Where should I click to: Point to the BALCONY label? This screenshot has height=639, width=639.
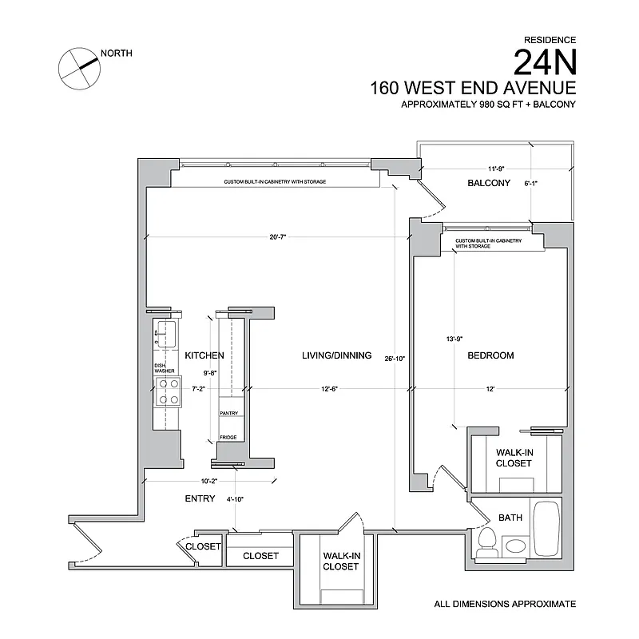(488, 184)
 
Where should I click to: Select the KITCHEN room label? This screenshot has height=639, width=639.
(204, 355)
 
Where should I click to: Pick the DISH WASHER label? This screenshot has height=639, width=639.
(164, 368)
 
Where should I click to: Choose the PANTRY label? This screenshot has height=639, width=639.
(229, 414)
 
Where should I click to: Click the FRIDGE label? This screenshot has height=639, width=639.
(228, 438)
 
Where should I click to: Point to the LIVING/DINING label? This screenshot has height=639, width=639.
(336, 355)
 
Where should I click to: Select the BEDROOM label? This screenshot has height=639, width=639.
(490, 355)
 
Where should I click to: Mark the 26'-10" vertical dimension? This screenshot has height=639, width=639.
(394, 359)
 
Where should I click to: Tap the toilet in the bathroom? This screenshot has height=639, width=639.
(485, 545)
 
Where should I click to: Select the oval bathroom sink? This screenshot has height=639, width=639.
(515, 547)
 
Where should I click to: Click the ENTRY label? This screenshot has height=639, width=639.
(200, 498)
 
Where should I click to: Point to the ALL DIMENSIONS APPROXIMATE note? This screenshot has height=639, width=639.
(504, 605)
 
